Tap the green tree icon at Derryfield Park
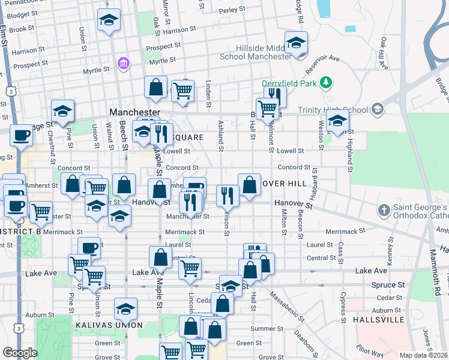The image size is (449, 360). click(x=326, y=82)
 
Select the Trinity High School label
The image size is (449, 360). click(x=339, y=110)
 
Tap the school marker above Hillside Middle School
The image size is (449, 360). click(x=296, y=43)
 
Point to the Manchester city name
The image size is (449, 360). click(x=134, y=112)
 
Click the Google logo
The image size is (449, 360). click(x=20, y=353)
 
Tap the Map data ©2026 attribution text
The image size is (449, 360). click(x=423, y=355)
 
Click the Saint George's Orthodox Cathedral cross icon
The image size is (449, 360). click(x=384, y=211)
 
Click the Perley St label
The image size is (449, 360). click(x=232, y=10)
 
